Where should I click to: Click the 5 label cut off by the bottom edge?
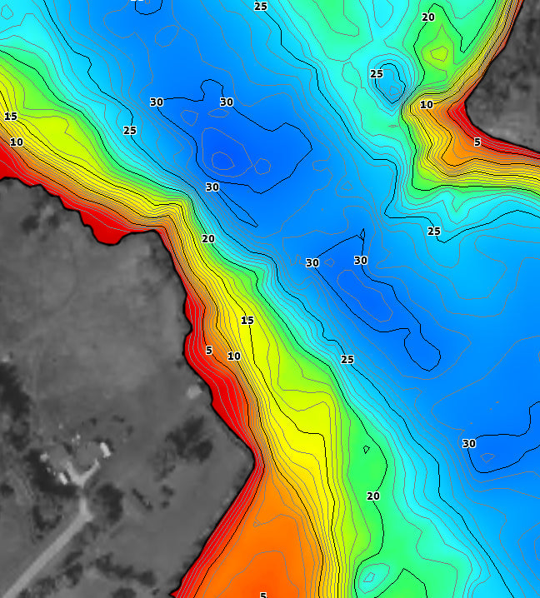263,595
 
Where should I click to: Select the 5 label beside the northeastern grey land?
477,142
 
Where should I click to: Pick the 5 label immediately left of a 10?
209,351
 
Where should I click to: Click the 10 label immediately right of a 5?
234,356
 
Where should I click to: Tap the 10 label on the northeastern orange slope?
427,105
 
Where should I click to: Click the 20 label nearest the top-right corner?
428,17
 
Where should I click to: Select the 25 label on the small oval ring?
377,74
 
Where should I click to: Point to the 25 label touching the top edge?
261,7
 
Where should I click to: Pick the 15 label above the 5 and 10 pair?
247,321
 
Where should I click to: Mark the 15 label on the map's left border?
11,117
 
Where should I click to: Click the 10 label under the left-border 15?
17,142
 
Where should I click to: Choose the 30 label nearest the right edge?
469,444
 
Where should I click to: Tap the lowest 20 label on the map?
373,496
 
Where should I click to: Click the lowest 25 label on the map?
347,360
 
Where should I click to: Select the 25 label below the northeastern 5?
434,231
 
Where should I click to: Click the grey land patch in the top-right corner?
508,83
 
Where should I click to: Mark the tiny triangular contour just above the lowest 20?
367,450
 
